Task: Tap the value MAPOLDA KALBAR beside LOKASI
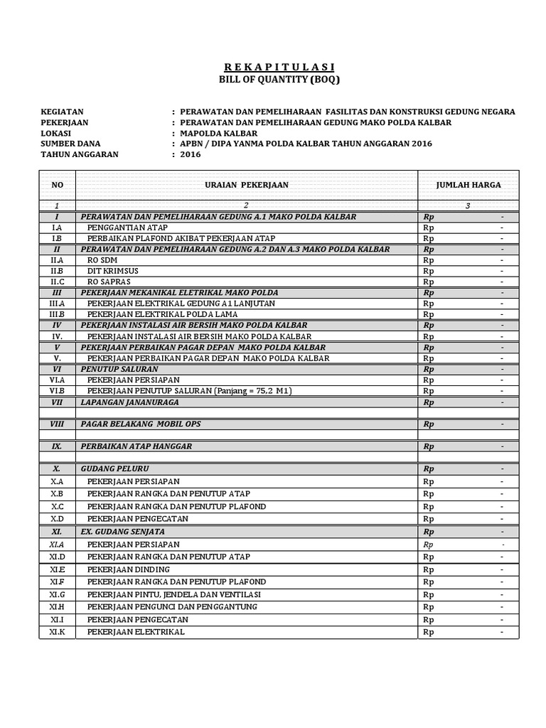tap(219, 133)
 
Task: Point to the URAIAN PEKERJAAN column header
tap(247, 185)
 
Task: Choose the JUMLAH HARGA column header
tap(469, 185)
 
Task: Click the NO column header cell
tap(58, 185)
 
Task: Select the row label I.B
tap(58, 238)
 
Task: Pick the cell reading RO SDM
tap(104, 260)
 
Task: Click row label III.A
tap(58, 304)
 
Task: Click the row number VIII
tap(58, 424)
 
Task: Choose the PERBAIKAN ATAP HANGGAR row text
tap(136, 446)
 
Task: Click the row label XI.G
tap(58, 594)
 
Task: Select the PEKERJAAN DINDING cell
tap(129, 569)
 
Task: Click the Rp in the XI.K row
tap(428, 632)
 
